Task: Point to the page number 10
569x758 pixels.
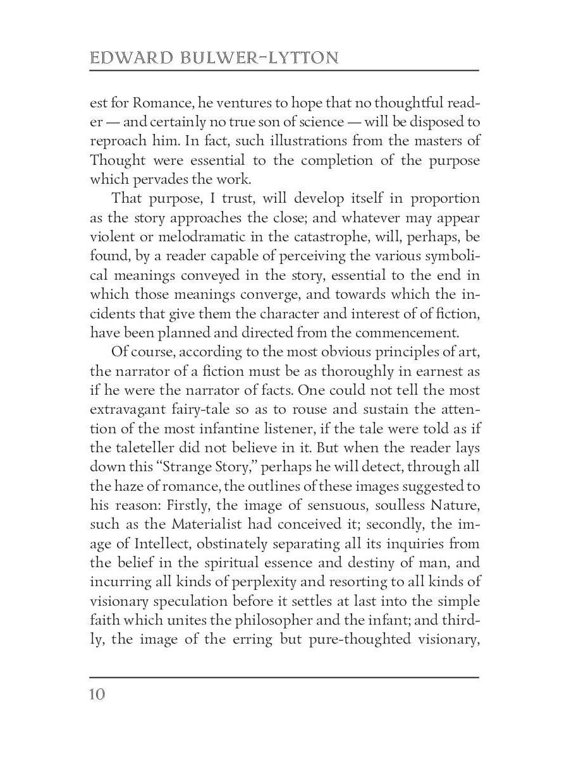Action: tap(97, 694)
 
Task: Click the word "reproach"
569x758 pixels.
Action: tap(120, 140)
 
